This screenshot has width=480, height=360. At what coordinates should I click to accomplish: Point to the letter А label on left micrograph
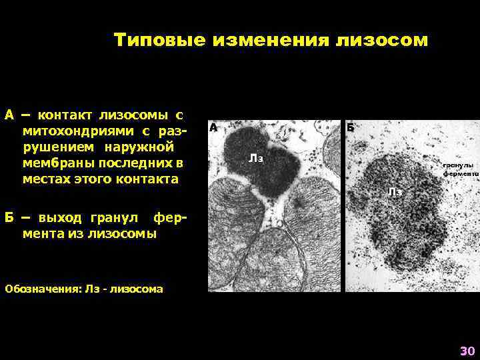[x=213, y=127]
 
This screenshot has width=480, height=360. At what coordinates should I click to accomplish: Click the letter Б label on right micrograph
[x=350, y=127]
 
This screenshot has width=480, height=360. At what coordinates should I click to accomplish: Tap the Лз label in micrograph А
[x=256, y=158]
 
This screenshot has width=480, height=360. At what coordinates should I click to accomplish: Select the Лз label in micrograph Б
[x=395, y=192]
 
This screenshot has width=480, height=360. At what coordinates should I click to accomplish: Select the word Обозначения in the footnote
[x=40, y=289]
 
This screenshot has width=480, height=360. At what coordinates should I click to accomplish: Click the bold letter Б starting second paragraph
[x=9, y=218]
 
